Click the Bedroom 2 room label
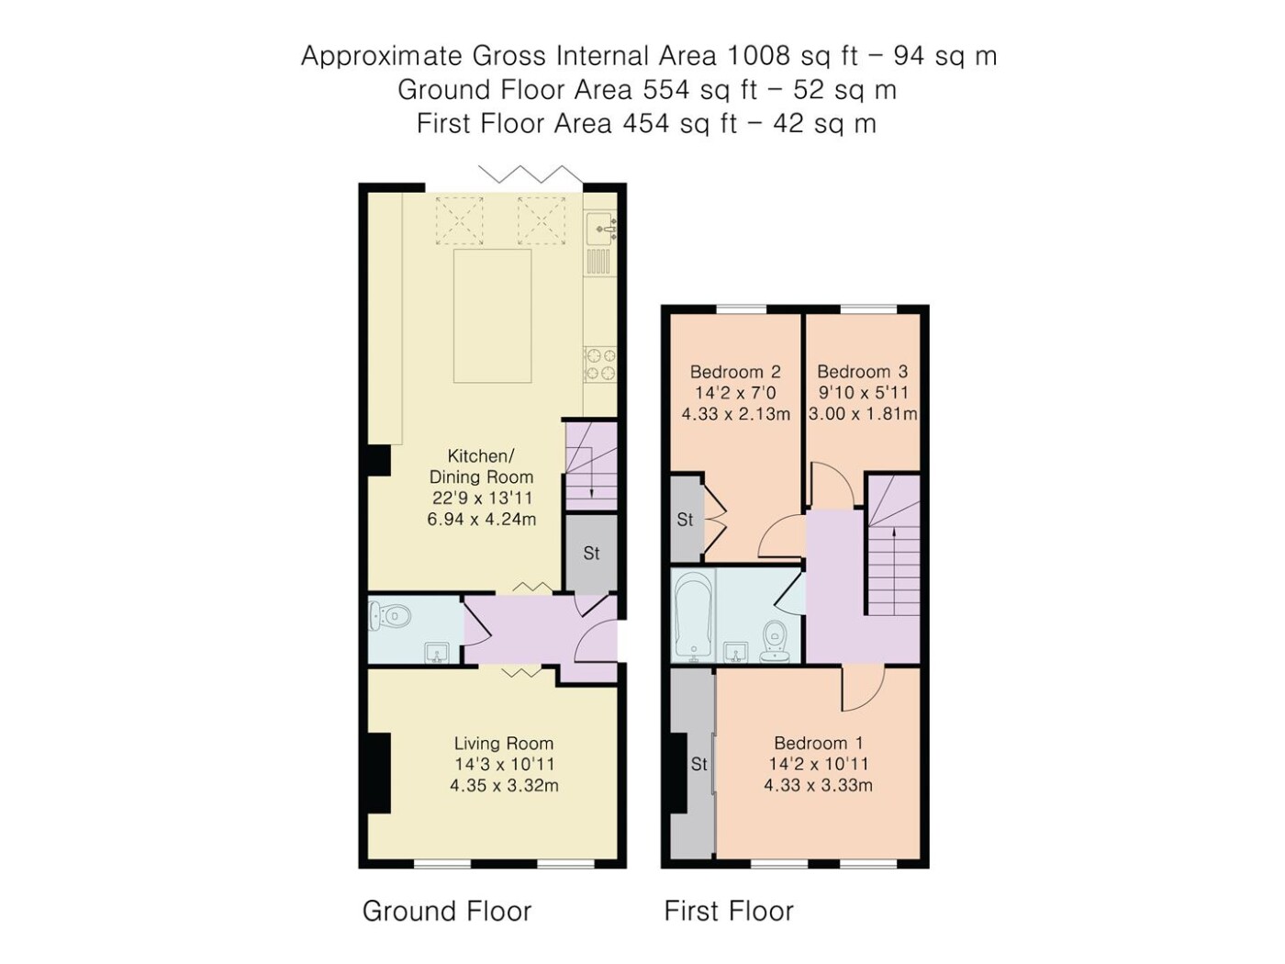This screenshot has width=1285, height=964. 734,372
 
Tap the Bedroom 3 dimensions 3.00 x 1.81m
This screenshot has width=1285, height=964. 862,414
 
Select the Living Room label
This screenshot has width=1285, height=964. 504,744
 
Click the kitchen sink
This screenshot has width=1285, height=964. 601,229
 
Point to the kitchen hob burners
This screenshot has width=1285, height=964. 600,364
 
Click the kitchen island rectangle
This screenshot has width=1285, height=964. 492,316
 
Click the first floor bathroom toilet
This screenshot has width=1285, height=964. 777,641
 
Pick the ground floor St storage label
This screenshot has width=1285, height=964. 591,553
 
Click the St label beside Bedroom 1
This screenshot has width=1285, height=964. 699,764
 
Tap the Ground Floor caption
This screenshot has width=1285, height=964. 447,911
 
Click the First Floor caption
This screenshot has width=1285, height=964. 728,911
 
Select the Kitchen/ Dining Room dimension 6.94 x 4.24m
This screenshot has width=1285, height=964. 481,519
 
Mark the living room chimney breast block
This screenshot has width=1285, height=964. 379,773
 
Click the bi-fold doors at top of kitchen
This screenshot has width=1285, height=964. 531,174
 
